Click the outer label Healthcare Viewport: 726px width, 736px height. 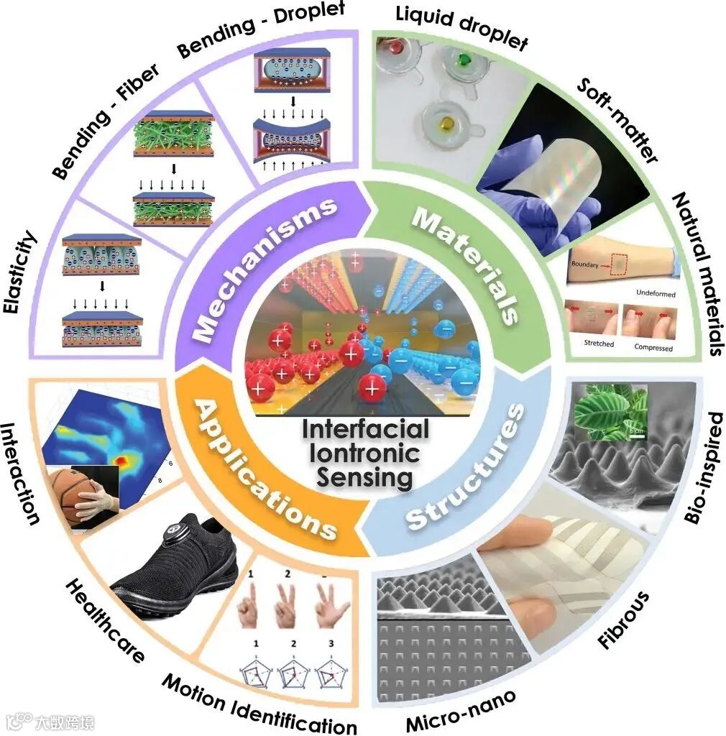(104, 622)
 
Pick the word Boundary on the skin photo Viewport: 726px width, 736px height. (586, 264)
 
